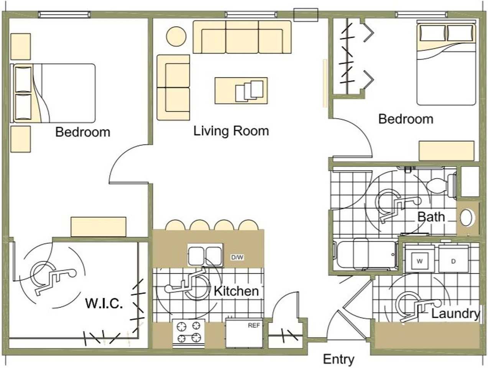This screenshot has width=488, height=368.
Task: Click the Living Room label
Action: point(231,131)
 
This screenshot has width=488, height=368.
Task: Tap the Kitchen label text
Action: point(236,291)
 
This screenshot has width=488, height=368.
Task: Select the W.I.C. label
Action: point(104,303)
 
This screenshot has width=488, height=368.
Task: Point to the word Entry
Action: point(338,359)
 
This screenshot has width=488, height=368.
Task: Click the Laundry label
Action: point(455,314)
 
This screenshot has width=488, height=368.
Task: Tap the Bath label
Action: point(431,217)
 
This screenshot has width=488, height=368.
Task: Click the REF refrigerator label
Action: point(254,325)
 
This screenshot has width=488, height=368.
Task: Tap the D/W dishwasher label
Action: point(237,257)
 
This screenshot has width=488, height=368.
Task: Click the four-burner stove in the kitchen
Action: point(189,334)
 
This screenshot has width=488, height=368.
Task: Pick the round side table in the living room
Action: point(176,36)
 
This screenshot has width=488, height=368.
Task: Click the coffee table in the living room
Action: point(241,90)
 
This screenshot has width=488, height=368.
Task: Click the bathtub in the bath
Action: point(365,255)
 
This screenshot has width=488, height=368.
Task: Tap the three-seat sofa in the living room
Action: point(242,37)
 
